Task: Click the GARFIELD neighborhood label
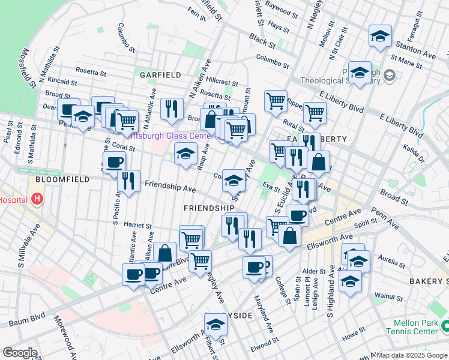160,75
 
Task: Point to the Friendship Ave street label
170,187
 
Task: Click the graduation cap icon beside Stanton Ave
380,36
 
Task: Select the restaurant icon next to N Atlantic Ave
172,109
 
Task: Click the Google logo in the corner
20,353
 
